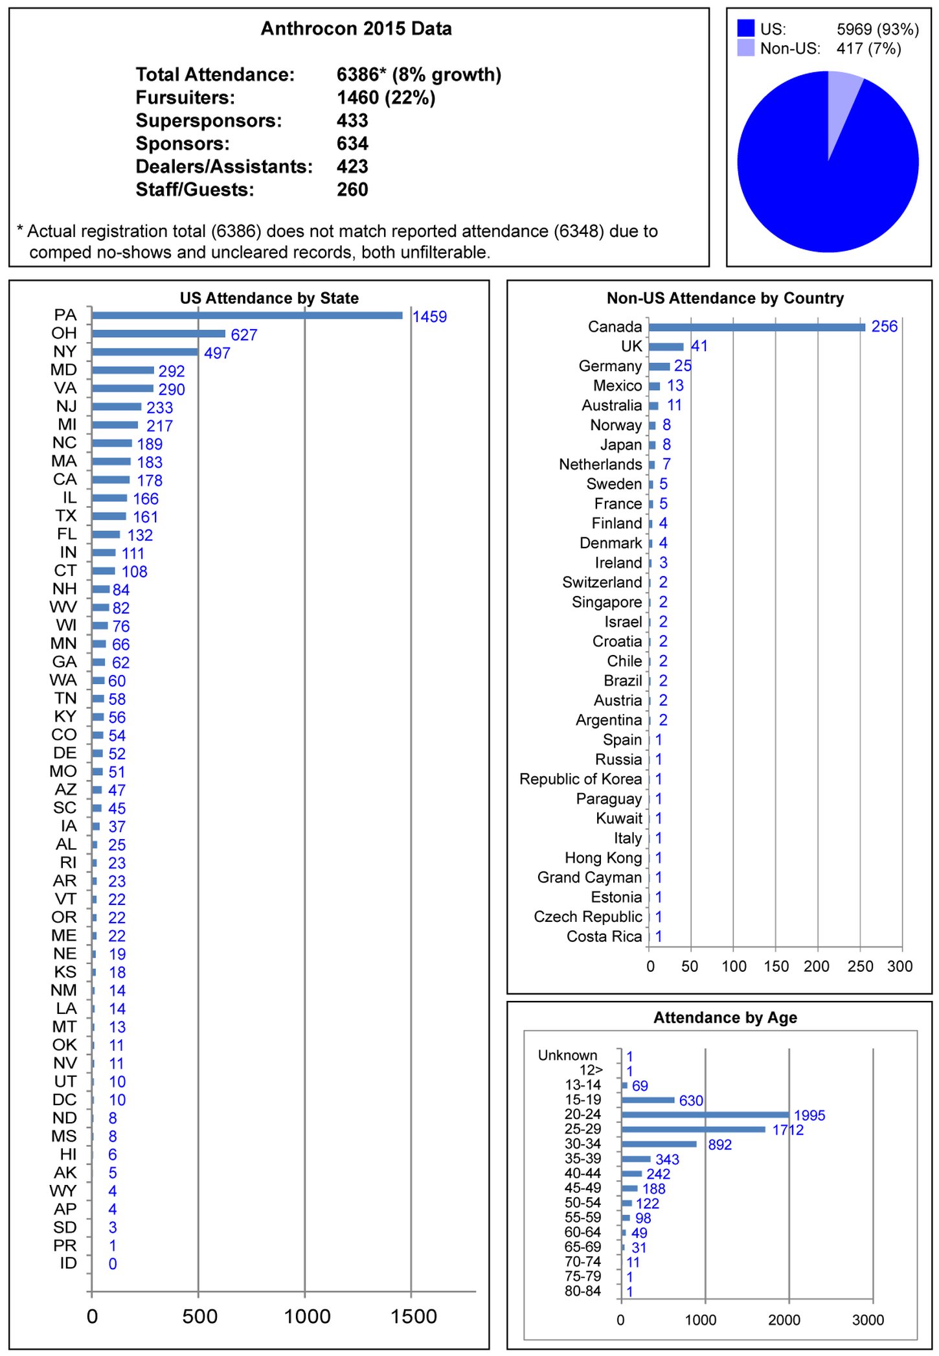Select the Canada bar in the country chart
point(756,327)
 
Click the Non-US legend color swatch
point(746,48)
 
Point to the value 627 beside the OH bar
point(244,335)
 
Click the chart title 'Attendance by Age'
point(725,1018)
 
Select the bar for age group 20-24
point(705,1115)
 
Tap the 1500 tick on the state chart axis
point(414,1316)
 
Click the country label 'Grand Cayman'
point(589,877)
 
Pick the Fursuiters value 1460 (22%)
point(386,98)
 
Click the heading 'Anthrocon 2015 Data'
point(356,29)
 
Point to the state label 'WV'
point(63,608)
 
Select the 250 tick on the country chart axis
point(860,967)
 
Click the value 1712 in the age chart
point(787,1130)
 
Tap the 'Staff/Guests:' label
point(195,190)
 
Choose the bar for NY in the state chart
point(144,352)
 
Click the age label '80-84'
point(583,1291)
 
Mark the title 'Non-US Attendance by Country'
point(725,298)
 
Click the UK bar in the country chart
point(666,347)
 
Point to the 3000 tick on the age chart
point(868,1320)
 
